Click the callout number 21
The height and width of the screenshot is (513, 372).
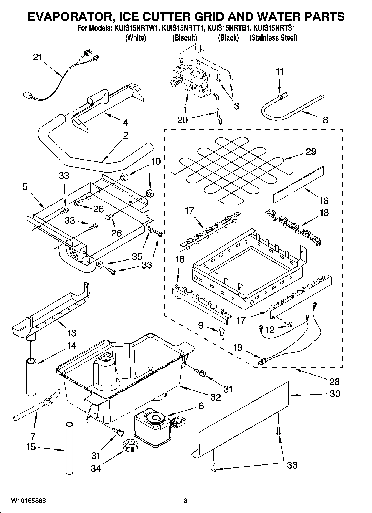coord(37,57)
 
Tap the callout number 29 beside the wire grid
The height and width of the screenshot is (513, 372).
coord(311,151)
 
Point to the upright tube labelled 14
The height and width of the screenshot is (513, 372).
coord(31,376)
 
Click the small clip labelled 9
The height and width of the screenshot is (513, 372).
coord(221,332)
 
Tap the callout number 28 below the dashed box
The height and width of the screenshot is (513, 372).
coord(334,382)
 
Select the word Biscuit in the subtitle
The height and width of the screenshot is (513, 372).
coord(185,38)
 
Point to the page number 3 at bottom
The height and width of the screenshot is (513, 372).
coord(186,501)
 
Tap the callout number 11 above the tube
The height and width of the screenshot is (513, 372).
coord(279,72)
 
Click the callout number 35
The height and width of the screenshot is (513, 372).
coord(137,256)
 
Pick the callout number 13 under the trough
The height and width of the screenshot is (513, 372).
coord(71,333)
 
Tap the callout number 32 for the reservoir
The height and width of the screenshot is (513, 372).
coord(215,397)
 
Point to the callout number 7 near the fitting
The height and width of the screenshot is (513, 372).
coord(33,436)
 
